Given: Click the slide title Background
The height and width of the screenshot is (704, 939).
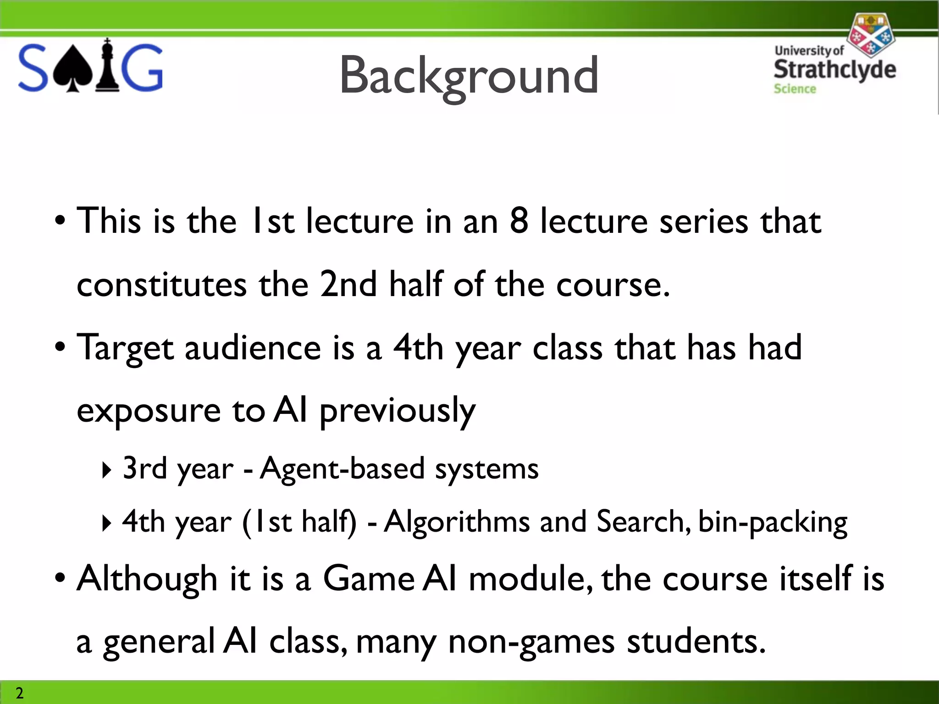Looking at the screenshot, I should click(x=469, y=76).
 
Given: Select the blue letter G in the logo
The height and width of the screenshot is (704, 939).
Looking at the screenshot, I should click(x=142, y=68).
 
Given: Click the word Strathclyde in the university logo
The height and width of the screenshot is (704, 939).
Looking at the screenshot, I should click(x=834, y=70).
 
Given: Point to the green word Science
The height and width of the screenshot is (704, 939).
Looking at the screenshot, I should click(x=795, y=89).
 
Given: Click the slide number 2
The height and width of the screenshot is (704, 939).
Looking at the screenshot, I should click(x=19, y=693).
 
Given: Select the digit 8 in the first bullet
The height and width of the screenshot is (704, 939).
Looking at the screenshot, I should click(x=519, y=221).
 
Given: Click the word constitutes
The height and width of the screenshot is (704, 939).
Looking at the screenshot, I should click(x=161, y=285).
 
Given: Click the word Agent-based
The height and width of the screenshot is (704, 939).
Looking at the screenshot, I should click(x=342, y=468).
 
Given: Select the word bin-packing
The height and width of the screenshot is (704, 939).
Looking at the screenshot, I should click(x=773, y=522).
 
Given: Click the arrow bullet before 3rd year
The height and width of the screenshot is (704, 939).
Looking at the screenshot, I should click(x=106, y=470).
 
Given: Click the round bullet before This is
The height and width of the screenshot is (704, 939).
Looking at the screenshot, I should click(x=60, y=221).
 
